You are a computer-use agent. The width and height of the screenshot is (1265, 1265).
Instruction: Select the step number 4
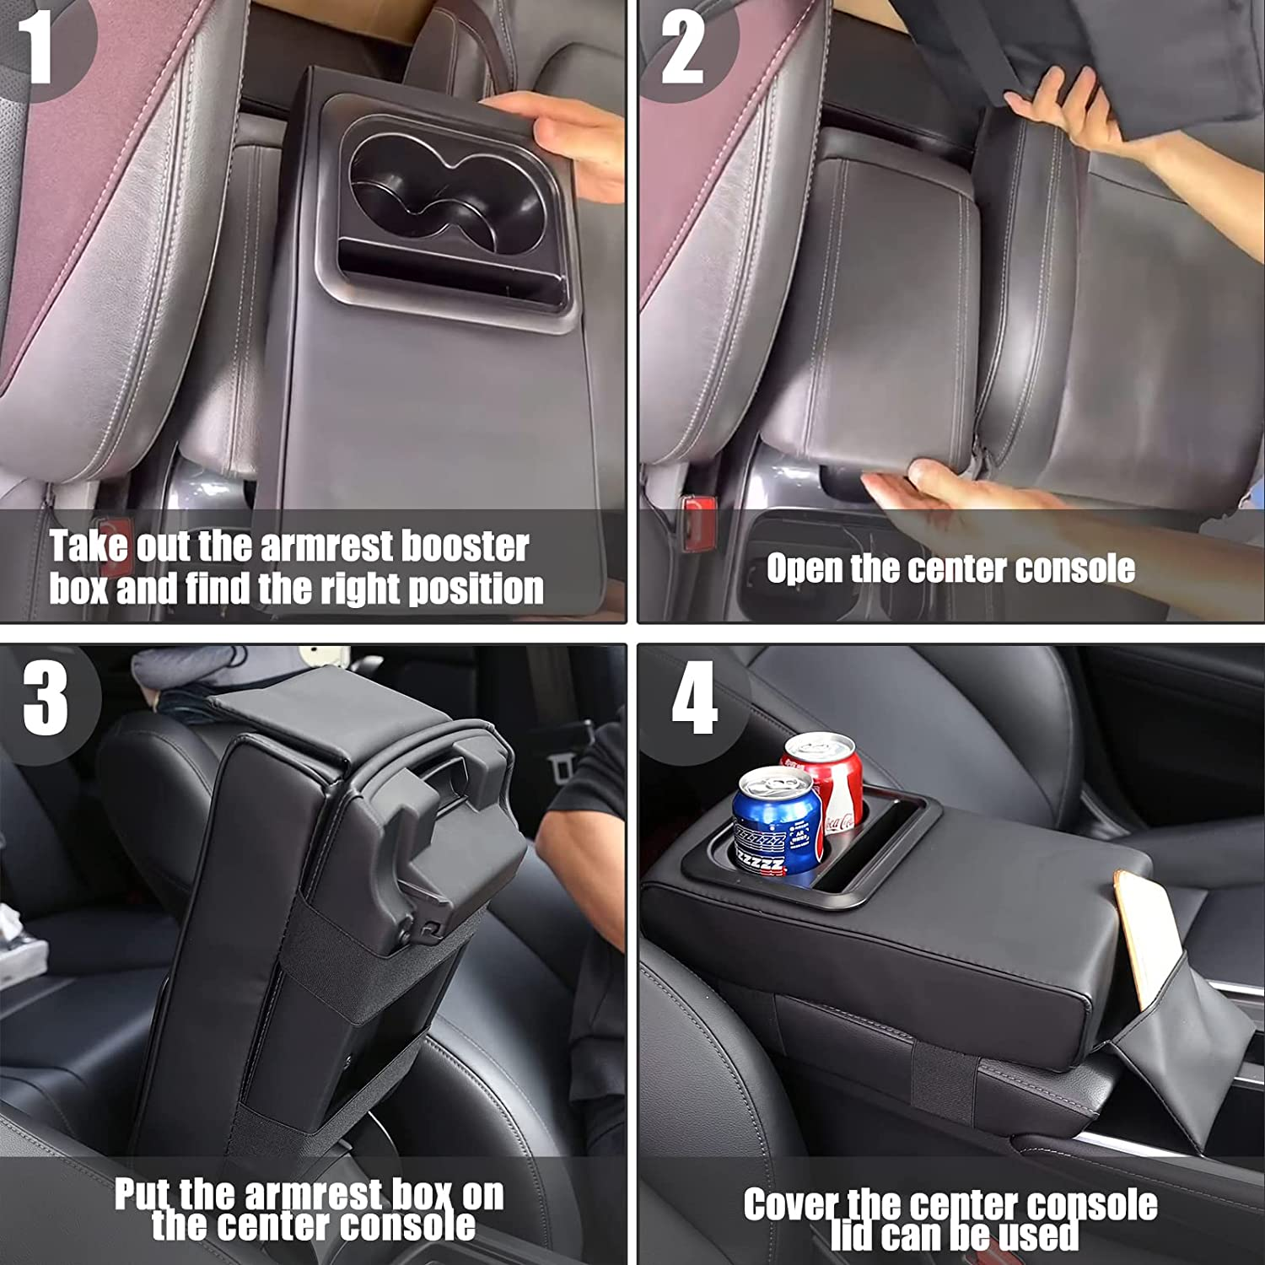coord(693,698)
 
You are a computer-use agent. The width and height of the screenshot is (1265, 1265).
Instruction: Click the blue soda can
coord(777,821)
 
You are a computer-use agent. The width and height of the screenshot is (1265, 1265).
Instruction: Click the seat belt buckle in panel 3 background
coord(561,767)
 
